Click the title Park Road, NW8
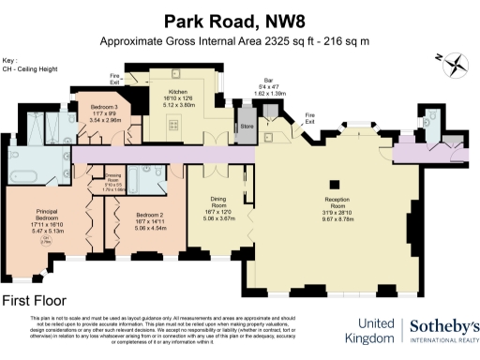click(x=238, y=20)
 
